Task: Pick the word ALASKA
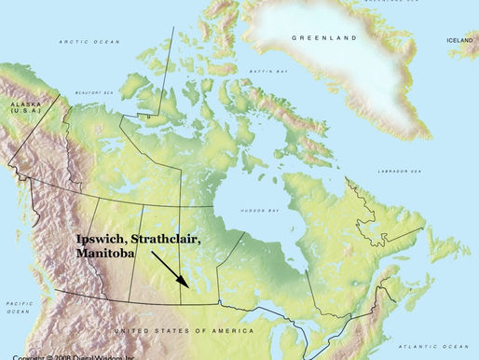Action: tap(20, 103)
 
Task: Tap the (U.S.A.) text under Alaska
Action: tap(20, 110)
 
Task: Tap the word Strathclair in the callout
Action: tap(168, 240)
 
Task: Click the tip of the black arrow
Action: tap(197, 292)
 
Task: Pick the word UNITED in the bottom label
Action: tap(126, 331)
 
